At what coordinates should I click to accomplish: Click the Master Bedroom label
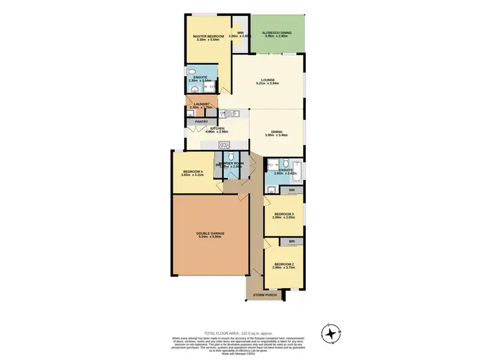pyautogui.click(x=209, y=37)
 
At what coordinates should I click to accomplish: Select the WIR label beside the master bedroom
pyautogui.click(x=241, y=33)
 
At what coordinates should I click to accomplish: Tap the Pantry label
pyautogui.click(x=202, y=121)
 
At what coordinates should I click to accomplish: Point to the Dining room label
pyautogui.click(x=276, y=132)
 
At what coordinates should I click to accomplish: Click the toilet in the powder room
pyautogui.click(x=231, y=156)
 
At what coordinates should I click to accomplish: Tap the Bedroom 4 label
pyautogui.click(x=193, y=171)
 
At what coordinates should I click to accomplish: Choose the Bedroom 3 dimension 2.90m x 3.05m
pyautogui.click(x=284, y=218)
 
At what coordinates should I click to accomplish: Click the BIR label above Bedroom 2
pyautogui.click(x=291, y=241)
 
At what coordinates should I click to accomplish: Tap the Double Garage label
pyautogui.click(x=211, y=233)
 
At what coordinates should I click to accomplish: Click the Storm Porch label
pyautogui.click(x=264, y=295)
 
